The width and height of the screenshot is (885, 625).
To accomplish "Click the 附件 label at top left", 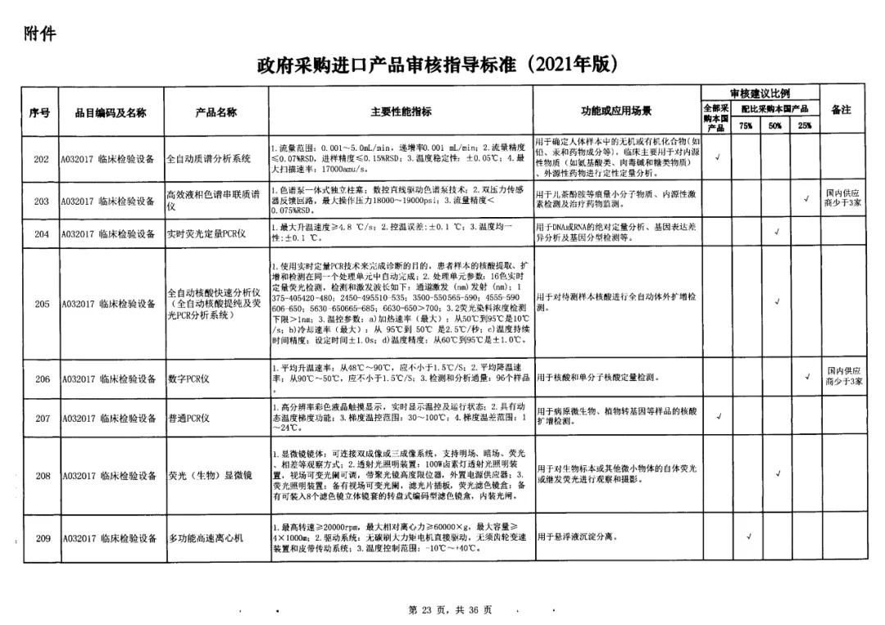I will tap(40, 33).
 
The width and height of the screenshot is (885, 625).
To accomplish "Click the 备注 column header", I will tap(842, 110).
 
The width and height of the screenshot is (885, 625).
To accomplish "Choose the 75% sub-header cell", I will tap(746, 126).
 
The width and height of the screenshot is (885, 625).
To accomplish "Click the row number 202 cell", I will tap(41, 159).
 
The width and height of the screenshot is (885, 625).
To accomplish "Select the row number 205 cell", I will tap(41, 304).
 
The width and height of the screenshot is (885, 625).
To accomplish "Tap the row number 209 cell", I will tap(41, 538).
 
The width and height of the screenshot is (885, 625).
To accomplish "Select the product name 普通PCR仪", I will tap(189, 419).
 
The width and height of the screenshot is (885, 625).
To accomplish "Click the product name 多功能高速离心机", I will tap(206, 538).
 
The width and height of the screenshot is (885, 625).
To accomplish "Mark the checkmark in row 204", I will tap(775, 233).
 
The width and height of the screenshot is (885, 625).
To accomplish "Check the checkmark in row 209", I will tap(747, 537).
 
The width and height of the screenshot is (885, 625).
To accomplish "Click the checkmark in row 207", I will tap(719, 417).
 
